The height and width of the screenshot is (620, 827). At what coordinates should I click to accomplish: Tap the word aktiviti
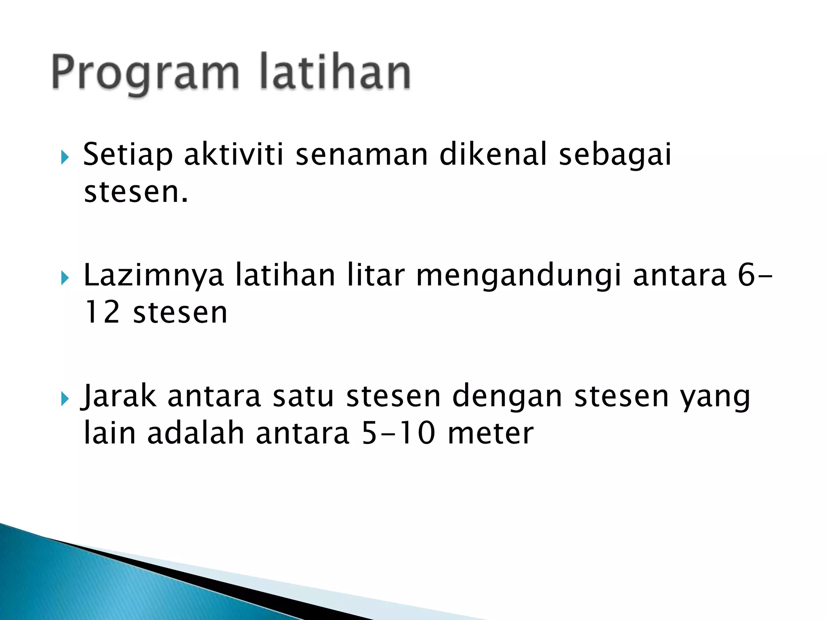pyautogui.click(x=234, y=155)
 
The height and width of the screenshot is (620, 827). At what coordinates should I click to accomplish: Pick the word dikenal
pyautogui.click(x=493, y=155)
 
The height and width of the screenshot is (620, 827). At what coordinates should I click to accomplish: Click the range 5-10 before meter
pyautogui.click(x=399, y=434)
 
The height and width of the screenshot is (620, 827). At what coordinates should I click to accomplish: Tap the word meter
pyautogui.click(x=491, y=434)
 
